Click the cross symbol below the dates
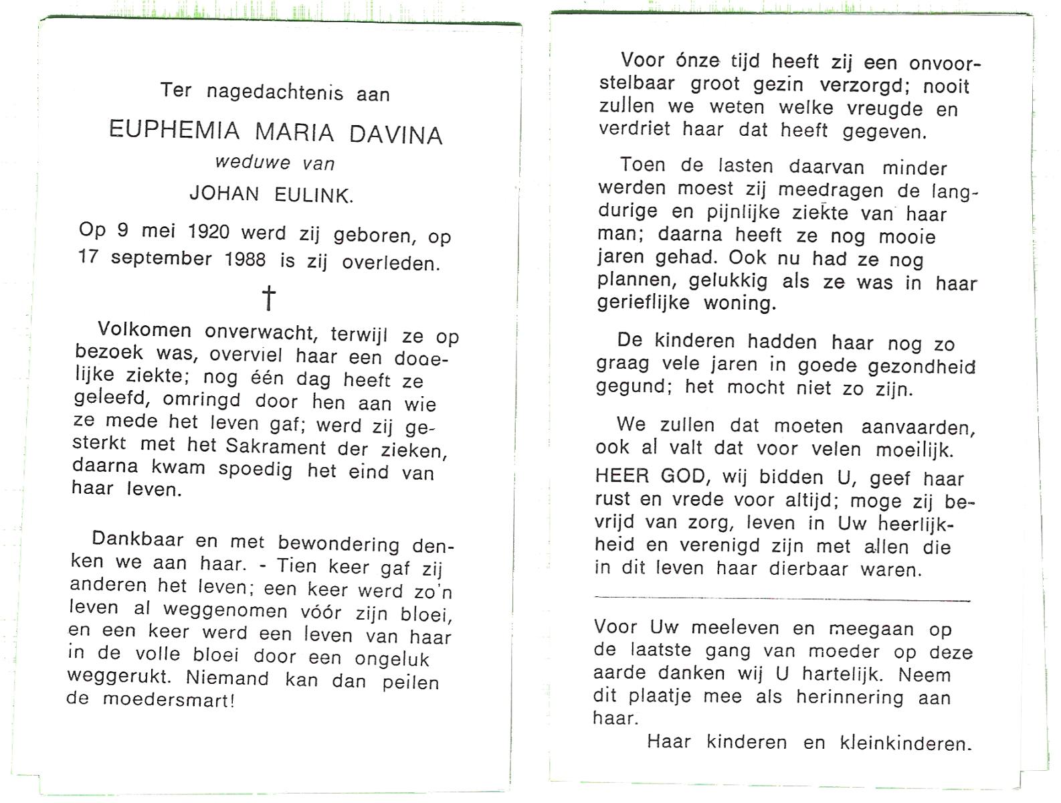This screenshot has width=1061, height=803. point(268,297)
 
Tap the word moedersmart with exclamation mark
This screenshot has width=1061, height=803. point(169,699)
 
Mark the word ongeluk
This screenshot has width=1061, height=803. point(392,659)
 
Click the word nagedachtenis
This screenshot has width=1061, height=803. point(275,91)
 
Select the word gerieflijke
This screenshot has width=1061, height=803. point(644,302)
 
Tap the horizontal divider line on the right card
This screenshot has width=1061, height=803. point(781,598)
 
